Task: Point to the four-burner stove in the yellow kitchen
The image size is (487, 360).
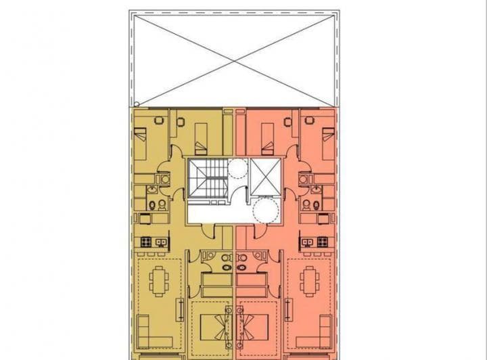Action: pos(146,242)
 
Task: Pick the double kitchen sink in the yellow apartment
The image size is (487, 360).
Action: pos(160,242)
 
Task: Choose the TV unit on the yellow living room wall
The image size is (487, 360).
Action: pos(181,309)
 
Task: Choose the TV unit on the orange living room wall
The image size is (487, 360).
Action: pos(290,309)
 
